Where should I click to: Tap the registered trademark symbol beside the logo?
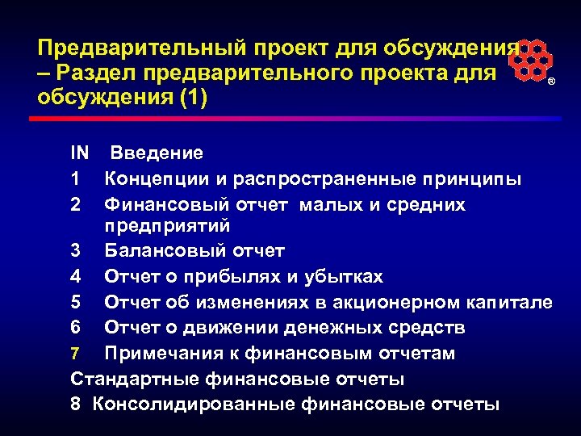click(552, 83)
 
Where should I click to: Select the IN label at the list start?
click(80, 153)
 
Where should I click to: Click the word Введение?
click(157, 153)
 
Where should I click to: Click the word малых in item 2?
click(332, 204)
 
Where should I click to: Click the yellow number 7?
click(75, 353)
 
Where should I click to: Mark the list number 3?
click(77, 249)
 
